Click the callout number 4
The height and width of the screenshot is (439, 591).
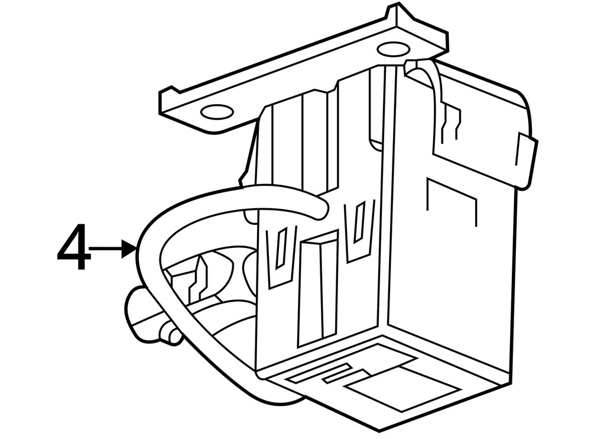point(74,247)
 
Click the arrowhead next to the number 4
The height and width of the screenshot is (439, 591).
point(129,248)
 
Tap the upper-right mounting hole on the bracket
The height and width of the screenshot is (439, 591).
point(393,49)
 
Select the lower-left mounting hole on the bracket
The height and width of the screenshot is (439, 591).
point(217,112)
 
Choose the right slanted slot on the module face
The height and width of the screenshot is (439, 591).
point(359,222)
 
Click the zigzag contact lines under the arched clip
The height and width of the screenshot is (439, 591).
point(451,121)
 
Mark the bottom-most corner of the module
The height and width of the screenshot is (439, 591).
point(378,431)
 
